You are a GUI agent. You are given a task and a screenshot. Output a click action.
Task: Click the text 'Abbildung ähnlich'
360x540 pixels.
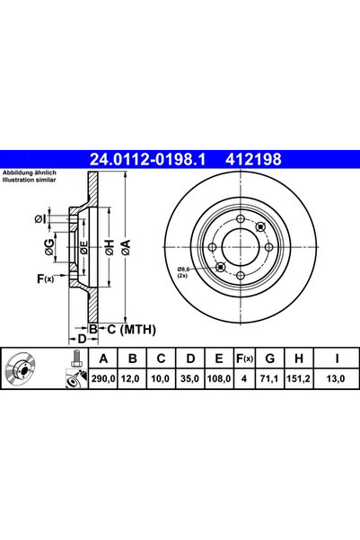pos(29,172)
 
